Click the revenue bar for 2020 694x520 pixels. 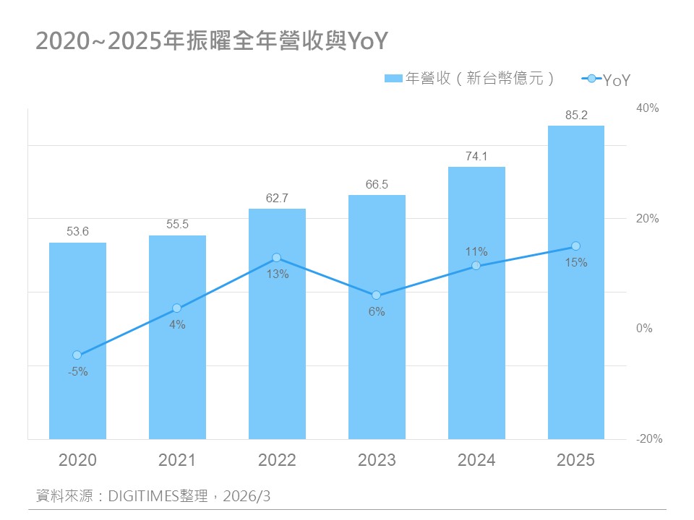[77, 340]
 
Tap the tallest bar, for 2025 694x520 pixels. [576, 282]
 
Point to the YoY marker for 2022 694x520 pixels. [276, 258]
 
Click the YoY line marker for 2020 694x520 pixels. [77, 355]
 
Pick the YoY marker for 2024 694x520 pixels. [476, 266]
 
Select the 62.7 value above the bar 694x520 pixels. [277, 196]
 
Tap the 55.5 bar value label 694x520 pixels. [177, 224]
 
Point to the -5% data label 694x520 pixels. [77, 372]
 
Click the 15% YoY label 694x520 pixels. [576, 263]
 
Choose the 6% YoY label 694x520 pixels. [377, 312]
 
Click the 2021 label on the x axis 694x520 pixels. [177, 460]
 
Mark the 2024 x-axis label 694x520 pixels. [476, 460]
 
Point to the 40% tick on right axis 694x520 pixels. [648, 108]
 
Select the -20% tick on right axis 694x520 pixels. [648, 439]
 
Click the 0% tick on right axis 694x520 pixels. [644, 329]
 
